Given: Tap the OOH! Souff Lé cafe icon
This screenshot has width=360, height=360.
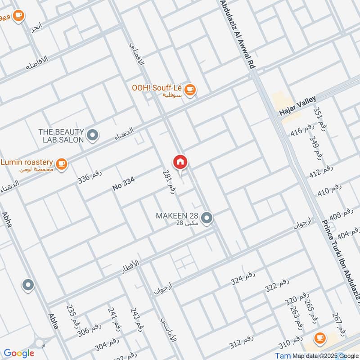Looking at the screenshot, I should point(190,90).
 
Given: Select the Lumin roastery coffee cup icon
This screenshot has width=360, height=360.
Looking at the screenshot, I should point(62,165).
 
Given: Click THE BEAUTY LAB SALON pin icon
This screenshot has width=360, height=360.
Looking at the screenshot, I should point(92,135).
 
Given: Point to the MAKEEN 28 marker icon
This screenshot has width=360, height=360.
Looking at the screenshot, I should point(207,218).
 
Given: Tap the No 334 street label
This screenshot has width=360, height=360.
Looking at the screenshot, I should point(124,184).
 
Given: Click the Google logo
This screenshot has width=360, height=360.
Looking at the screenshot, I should point(18,353).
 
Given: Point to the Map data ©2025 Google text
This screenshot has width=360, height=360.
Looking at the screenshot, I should point(325,355).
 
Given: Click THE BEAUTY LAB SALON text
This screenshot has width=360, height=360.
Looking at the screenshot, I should point(61,135).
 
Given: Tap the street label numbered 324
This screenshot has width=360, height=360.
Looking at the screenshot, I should point(243,279).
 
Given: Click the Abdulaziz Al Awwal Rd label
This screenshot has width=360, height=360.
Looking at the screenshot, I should point(237,34).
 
